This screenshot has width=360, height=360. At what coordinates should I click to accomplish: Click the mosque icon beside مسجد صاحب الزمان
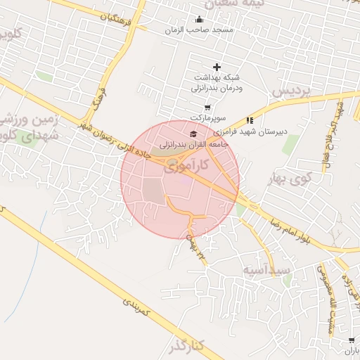(x=199, y=20)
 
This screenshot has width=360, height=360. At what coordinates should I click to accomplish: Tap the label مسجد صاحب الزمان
(x=199, y=30)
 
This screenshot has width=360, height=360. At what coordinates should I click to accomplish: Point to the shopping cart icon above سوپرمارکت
(x=207, y=108)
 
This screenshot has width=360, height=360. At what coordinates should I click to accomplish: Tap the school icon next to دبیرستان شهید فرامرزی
(x=250, y=121)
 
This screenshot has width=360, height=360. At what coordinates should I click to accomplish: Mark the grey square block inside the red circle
(x=153, y=191)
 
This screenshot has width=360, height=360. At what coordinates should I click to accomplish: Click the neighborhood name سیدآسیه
(x=266, y=269)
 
